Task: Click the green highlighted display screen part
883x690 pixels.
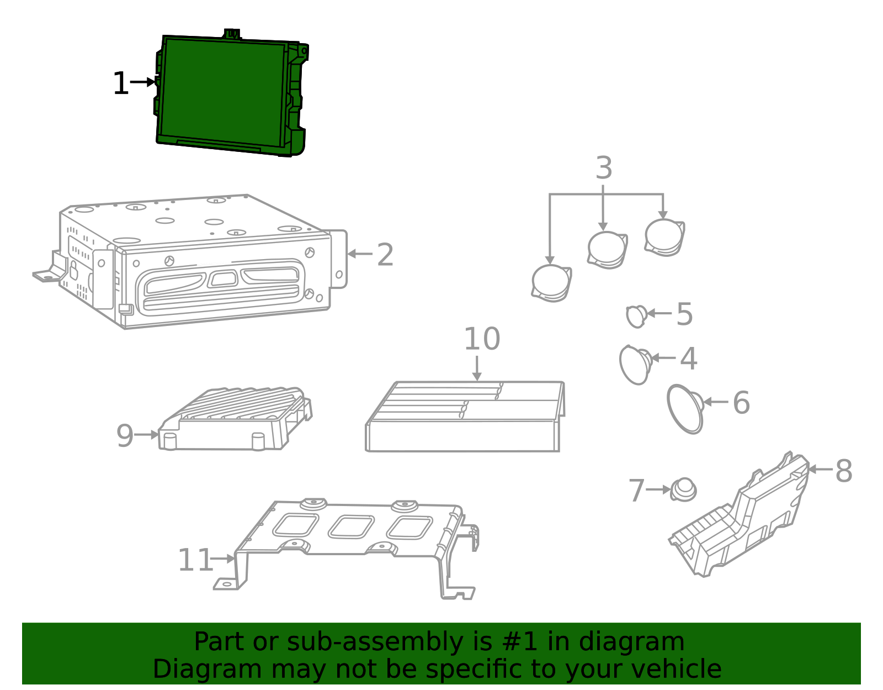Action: point(224,93)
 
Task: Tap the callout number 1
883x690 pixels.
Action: point(120,84)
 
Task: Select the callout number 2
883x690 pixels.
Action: point(385,255)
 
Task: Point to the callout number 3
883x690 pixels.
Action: point(604,168)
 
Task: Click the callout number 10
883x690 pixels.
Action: point(481,339)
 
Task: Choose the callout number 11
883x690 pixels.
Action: point(195,560)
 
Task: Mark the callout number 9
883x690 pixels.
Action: point(125,436)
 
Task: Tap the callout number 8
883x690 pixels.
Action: point(843,471)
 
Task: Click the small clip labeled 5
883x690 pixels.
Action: point(636,316)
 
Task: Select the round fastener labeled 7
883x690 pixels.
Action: point(684,489)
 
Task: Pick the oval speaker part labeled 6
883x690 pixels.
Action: point(685,409)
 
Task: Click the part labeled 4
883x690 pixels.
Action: point(636,364)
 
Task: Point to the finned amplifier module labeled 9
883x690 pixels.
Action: point(235,420)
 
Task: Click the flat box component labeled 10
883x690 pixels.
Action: point(464,418)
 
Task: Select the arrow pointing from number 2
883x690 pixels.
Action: point(360,254)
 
